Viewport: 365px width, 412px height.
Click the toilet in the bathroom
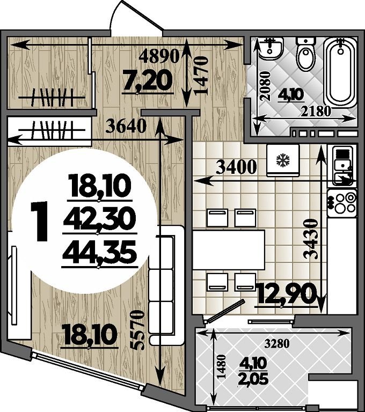pyautogui.click(x=305, y=54)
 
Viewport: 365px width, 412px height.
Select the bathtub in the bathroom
pyautogui.click(x=340, y=73)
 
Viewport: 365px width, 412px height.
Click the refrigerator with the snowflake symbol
pyautogui.click(x=283, y=160)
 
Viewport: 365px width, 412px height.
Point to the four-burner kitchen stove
pyautogui.click(x=342, y=203)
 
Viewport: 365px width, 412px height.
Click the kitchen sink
pyautogui.click(x=342, y=166)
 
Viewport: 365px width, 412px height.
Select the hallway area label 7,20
pyautogui.click(x=148, y=82)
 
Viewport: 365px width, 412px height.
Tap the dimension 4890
pyautogui.click(x=159, y=56)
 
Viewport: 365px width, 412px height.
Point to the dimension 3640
pyautogui.click(x=126, y=126)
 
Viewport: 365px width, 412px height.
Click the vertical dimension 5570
pyautogui.click(x=137, y=330)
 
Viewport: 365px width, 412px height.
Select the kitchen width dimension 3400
pyautogui.click(x=236, y=167)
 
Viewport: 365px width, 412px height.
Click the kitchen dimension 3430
pyautogui.click(x=311, y=239)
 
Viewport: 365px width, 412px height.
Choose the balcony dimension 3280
pyautogui.click(x=277, y=343)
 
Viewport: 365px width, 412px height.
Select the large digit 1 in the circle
pyautogui.click(x=40, y=221)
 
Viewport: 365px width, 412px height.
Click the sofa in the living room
pyautogui.click(x=166, y=285)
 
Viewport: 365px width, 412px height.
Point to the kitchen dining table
pyautogui.click(x=229, y=249)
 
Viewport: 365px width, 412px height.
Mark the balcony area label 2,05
pyautogui.click(x=253, y=379)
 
